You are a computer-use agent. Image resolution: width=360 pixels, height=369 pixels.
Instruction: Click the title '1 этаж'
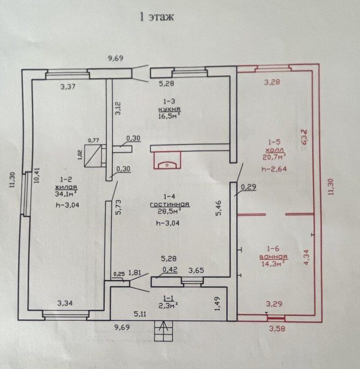(156, 17)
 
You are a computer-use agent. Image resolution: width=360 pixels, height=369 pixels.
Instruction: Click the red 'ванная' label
(273, 256)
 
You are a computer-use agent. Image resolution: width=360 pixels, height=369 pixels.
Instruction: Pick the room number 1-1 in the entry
(168, 297)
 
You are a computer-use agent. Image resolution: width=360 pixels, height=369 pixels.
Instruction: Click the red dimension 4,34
(306, 257)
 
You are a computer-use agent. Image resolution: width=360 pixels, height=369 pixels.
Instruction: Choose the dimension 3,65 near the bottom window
(196, 271)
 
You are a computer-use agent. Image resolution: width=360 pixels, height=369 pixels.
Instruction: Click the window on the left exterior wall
(26, 194)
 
